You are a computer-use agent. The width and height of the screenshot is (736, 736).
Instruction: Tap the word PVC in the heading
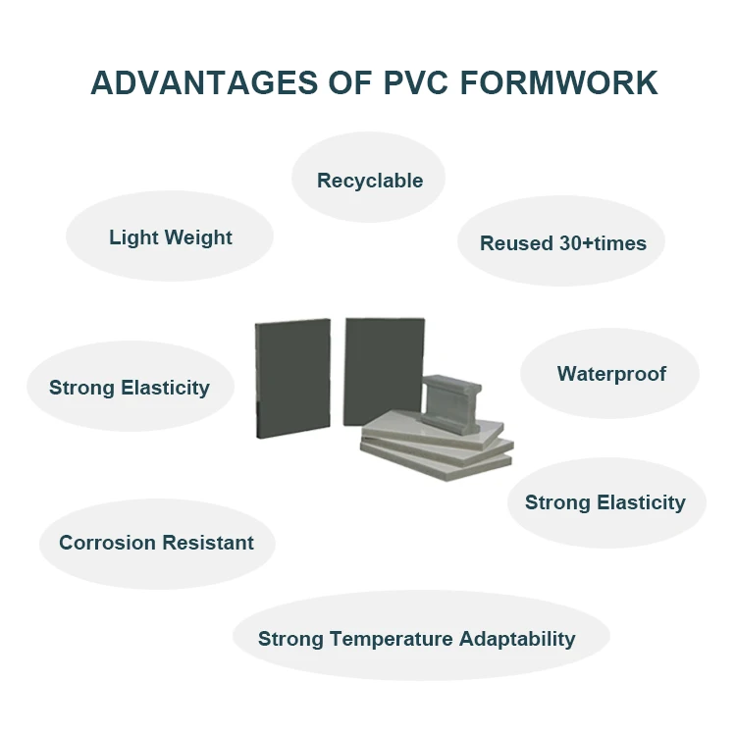pos(418,82)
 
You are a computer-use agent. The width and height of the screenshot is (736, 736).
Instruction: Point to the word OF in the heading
pos(349,82)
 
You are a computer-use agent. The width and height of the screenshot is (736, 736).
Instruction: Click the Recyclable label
pos(370,181)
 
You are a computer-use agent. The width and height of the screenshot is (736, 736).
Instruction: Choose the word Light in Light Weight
pos(132,237)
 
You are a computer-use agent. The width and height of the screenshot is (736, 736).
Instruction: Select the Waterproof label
pos(611,374)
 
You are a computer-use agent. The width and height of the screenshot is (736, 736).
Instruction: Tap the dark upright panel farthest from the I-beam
pos(291,378)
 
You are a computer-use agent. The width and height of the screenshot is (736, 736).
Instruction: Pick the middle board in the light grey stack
pos(437,444)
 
